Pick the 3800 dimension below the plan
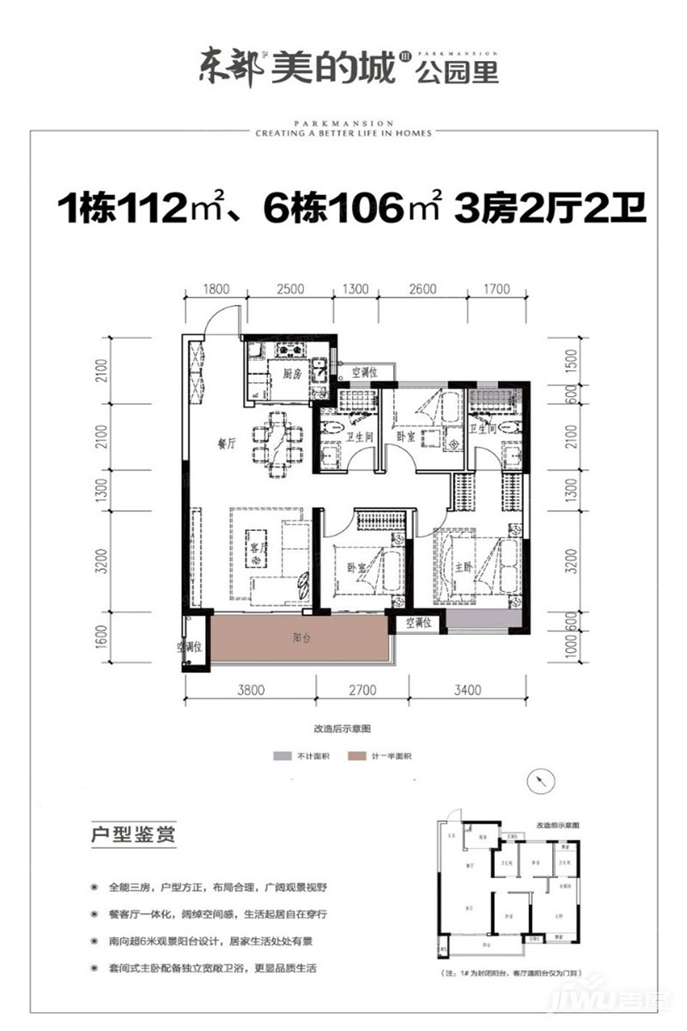pyautogui.click(x=250, y=688)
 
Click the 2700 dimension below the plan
pyautogui.click(x=362, y=688)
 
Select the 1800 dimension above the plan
pyautogui.click(x=218, y=289)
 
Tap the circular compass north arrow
pyautogui.click(x=539, y=779)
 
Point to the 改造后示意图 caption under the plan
pyautogui.click(x=342, y=727)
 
